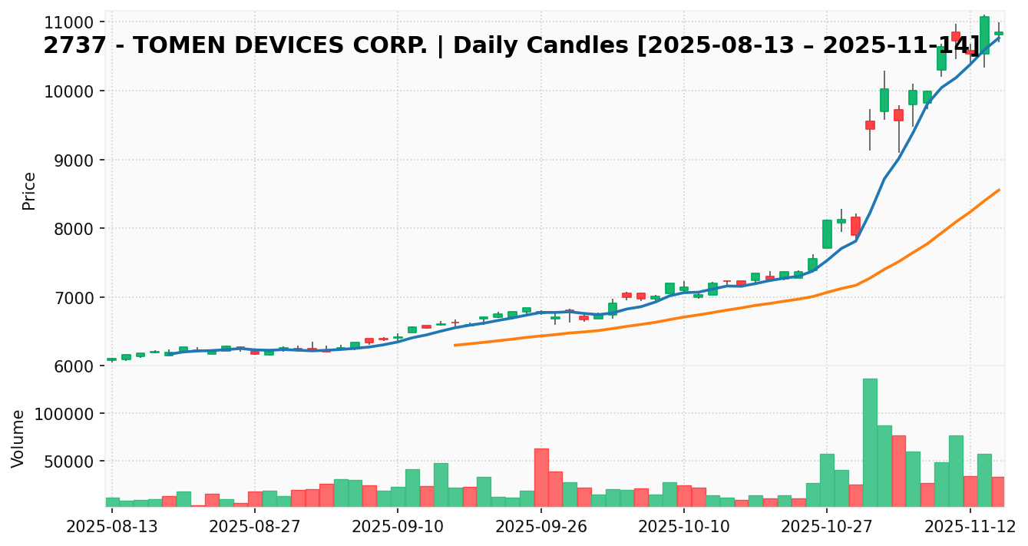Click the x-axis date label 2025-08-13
tap(112, 527)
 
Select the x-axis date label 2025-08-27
tap(255, 527)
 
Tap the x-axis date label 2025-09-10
tap(398, 527)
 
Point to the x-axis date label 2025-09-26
tap(541, 527)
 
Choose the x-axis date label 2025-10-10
tap(684, 527)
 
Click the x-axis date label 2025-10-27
tap(827, 527)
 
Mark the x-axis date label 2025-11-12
tap(970, 527)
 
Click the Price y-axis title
tap(29, 190)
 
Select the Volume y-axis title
tap(18, 438)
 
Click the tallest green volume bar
tap(870, 442)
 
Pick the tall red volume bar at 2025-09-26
tap(541, 477)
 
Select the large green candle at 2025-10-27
tap(827, 234)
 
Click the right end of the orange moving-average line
tap(999, 190)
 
